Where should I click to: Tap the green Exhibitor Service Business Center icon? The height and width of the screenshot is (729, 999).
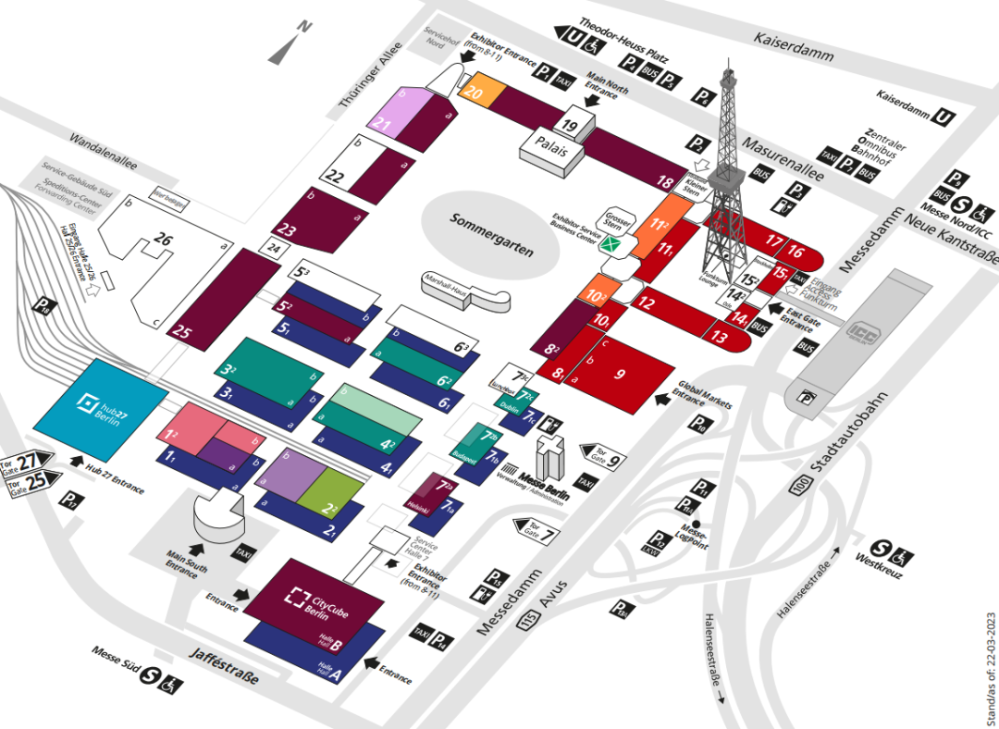[x=610, y=245]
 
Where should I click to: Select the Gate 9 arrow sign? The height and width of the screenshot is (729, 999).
[x=601, y=453]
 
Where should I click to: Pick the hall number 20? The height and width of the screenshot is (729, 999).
[x=475, y=93]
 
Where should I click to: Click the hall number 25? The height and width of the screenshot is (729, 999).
[x=183, y=333]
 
